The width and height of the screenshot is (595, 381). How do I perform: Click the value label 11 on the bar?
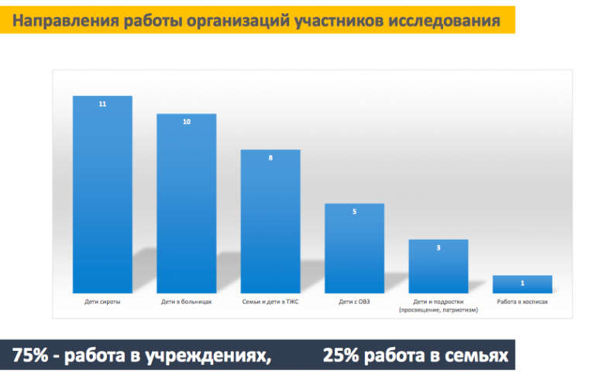coord(102,104)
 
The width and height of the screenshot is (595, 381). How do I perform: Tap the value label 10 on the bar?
coord(186,122)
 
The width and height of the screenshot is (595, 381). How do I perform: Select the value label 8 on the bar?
coord(270,158)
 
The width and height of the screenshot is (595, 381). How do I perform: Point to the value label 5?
coord(354,211)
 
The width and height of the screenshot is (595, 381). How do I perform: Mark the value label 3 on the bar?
coord(439,248)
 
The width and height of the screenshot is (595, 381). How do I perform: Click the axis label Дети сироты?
coord(102,302)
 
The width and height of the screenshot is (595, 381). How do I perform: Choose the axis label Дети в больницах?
coord(186,302)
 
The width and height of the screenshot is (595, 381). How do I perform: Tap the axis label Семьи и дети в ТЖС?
coord(270,302)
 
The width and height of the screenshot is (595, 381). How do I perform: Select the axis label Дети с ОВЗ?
coord(354,302)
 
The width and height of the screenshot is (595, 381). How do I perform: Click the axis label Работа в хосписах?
coord(522,302)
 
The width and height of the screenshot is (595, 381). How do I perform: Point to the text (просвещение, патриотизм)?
coord(439,310)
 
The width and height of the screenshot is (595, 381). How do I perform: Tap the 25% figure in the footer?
coord(341,356)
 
